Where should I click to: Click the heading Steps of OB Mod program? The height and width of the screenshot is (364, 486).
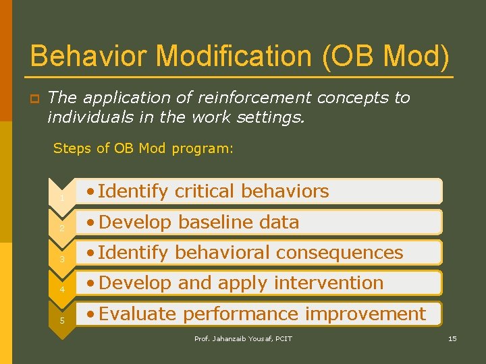[x=143, y=148]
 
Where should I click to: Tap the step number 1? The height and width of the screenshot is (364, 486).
[x=61, y=198]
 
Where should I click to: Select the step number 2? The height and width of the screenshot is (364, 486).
[x=61, y=229]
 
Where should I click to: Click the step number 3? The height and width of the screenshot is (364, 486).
[x=61, y=260]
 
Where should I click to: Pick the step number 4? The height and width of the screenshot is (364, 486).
[x=61, y=290]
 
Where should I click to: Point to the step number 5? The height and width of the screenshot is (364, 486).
[x=61, y=320]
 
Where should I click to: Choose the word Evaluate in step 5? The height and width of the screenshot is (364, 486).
[x=138, y=314]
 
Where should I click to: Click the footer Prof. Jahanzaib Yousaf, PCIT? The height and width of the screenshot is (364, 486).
[x=243, y=338]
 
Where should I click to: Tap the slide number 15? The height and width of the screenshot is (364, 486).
[x=452, y=338]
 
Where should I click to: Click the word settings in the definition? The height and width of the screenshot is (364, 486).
[x=275, y=118]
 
